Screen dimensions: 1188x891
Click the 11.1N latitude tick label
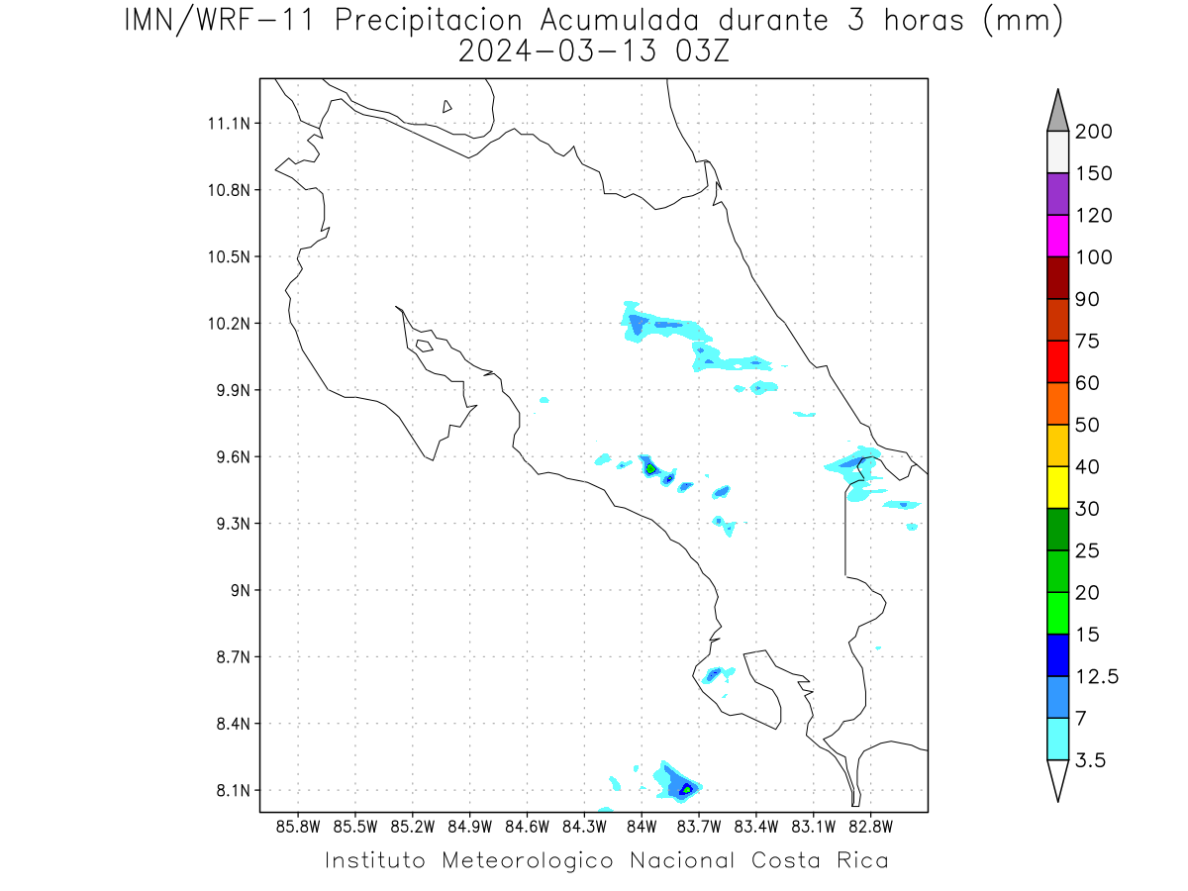[229, 124]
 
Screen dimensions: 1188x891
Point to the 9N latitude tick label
[241, 590]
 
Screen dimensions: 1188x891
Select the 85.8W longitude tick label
[298, 827]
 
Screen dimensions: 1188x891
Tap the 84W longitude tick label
[642, 827]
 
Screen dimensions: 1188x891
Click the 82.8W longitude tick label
[870, 827]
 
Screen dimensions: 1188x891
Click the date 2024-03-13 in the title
[557, 51]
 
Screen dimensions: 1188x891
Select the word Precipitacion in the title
[429, 21]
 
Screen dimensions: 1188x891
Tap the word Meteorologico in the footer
[528, 861]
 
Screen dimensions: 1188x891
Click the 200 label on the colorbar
[1093, 132]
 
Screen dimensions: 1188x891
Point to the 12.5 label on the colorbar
[1097, 677]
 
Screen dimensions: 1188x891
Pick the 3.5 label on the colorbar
[1090, 760]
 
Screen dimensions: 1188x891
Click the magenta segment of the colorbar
[1057, 236]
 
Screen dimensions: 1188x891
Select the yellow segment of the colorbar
[1057, 487]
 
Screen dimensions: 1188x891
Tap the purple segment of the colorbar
[1057, 194]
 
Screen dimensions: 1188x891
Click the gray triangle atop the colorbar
[1057, 111]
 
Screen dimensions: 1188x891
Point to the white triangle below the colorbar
[1057, 781]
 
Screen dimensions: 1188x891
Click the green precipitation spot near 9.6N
[650, 468]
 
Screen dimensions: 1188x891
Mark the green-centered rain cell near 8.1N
[687, 790]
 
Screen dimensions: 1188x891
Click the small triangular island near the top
[446, 106]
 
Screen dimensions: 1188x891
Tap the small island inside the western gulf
[425, 346]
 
